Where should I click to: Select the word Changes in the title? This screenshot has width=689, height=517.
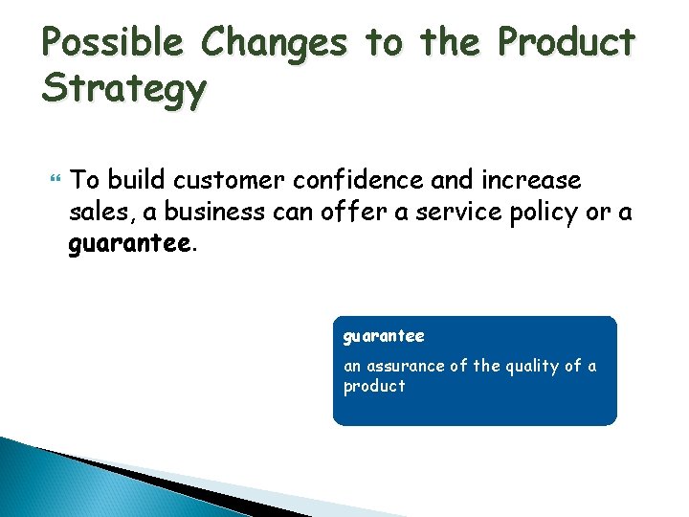(276, 43)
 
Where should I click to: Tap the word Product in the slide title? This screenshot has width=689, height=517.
(566, 43)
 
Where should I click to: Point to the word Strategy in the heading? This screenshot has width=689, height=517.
(123, 90)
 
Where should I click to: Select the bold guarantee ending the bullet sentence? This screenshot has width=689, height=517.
(129, 244)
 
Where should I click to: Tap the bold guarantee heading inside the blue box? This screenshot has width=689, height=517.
(384, 337)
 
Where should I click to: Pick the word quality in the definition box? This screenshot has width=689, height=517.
(535, 366)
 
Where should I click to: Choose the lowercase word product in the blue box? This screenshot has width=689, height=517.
(374, 386)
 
